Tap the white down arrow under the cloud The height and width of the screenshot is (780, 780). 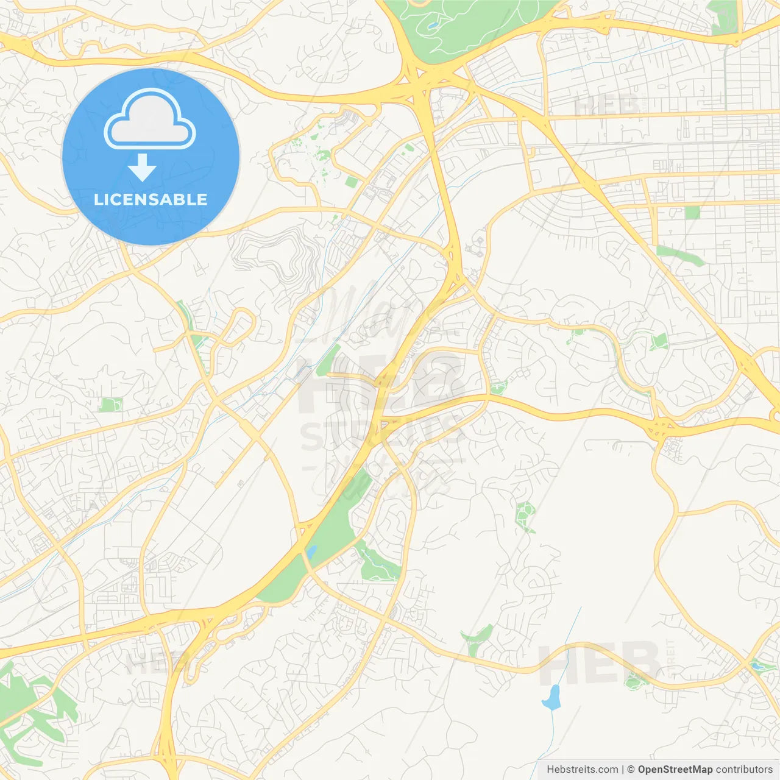143,168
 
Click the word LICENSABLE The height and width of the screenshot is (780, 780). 151,199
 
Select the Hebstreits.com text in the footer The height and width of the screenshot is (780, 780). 582,770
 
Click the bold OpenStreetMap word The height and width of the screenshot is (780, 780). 675,770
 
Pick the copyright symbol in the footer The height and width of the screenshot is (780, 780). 631,770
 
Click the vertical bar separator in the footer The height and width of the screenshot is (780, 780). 622,770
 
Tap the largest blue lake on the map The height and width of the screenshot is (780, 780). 552,697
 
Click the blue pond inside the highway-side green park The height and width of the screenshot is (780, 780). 312,553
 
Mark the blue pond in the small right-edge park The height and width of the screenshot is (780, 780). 757,666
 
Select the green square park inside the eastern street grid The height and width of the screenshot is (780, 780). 692,213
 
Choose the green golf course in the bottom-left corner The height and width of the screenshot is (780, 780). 30,701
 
